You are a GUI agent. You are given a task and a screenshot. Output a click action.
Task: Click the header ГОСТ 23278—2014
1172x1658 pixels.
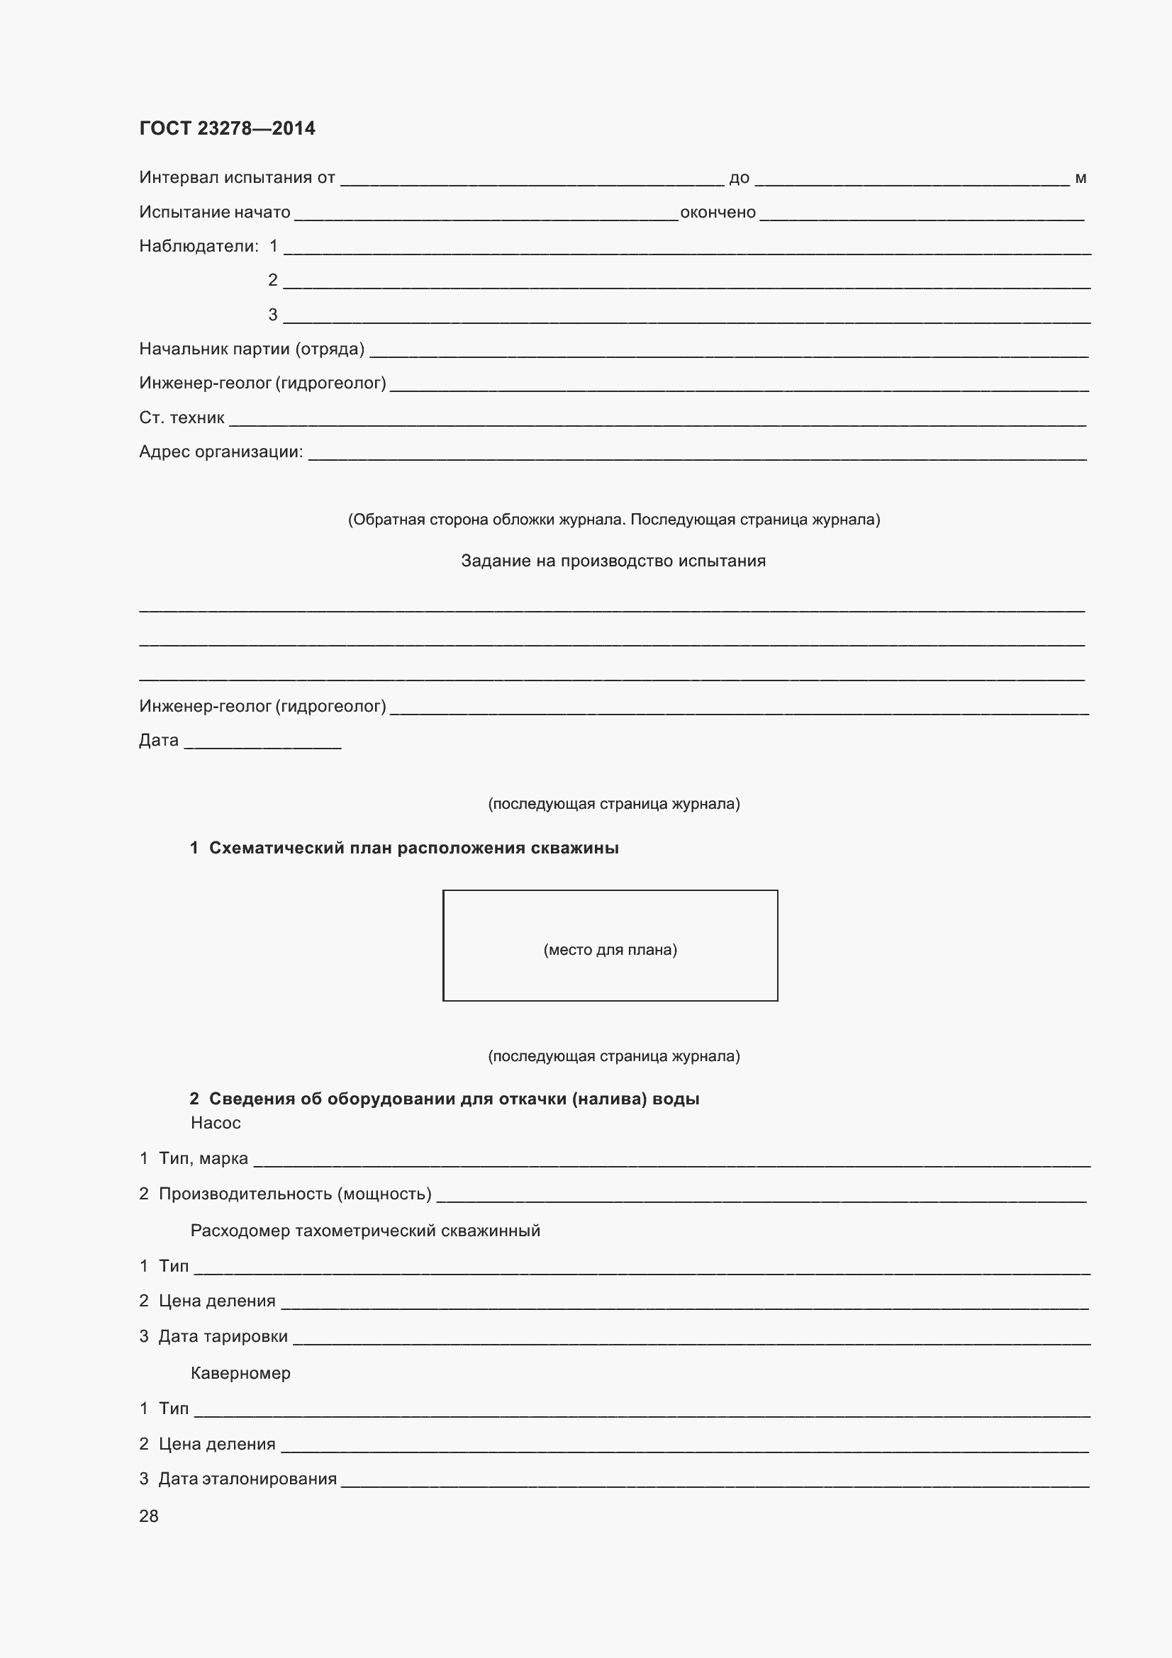coord(227,128)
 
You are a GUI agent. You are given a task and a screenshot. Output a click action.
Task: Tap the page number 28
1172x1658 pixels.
coord(149,1516)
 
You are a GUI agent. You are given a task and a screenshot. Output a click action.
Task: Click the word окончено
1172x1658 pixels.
coord(718,213)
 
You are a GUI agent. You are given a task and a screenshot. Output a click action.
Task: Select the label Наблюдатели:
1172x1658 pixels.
coord(199,246)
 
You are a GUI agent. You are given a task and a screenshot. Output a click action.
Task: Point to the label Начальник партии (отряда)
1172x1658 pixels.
coord(251,349)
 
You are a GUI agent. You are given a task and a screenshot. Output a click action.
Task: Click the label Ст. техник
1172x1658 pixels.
coord(182,418)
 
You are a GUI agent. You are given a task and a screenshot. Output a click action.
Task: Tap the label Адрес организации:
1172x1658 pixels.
coord(221,452)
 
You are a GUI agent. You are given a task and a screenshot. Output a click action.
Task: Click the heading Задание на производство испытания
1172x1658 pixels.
coord(613,561)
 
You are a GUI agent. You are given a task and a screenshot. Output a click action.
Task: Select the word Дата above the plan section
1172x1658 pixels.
coord(158,740)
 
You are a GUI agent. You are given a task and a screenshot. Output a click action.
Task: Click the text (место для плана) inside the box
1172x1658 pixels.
coord(610,951)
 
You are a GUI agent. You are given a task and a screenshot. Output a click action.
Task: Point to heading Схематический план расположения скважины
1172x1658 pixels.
coord(413,848)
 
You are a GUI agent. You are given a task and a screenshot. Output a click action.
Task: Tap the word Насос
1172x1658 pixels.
coord(216,1123)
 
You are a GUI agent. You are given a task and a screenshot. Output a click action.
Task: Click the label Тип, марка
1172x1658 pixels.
coord(203,1158)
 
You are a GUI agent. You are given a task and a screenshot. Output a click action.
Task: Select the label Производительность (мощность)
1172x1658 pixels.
coord(295,1194)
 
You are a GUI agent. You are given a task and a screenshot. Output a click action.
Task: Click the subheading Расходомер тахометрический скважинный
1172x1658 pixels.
coord(364,1231)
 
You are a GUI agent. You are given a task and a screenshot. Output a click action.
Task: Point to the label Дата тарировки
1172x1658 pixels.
coord(223,1337)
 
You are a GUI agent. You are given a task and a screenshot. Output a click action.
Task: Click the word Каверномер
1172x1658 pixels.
coord(240,1373)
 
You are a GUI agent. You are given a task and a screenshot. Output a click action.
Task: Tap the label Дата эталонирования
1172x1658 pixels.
coord(247,1478)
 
